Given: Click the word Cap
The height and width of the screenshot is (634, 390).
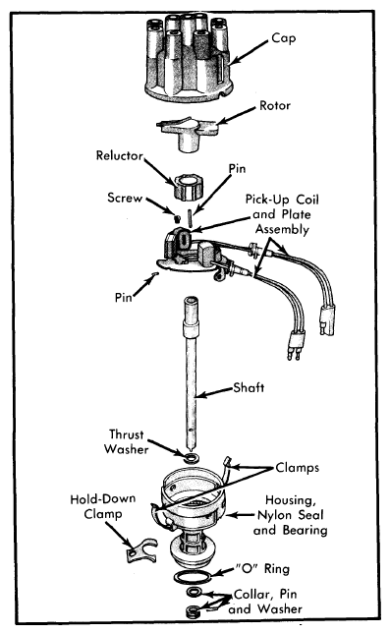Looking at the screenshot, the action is [283, 38].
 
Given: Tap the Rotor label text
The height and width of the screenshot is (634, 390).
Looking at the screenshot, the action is [275, 105].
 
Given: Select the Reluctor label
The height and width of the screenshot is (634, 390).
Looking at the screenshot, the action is [120, 155].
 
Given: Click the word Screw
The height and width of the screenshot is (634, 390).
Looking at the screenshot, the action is [125, 198].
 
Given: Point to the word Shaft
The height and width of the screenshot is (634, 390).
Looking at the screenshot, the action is [249, 387].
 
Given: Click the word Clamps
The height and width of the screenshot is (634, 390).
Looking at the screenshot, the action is [297, 468].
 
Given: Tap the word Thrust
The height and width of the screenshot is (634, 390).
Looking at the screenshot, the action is [126, 434].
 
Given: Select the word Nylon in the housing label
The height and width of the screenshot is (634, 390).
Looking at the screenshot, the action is [274, 515].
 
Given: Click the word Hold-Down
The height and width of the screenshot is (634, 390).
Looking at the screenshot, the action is [102, 499].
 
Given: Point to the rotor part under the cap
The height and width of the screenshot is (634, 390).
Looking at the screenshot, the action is [188, 133].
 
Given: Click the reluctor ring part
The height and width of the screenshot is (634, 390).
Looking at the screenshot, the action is [189, 188].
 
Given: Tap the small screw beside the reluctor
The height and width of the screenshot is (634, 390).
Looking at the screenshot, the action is [176, 219].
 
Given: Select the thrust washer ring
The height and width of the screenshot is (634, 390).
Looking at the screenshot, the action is [191, 458].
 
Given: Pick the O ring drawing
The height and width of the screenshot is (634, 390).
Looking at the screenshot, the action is [193, 577].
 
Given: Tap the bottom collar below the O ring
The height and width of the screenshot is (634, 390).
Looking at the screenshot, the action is [191, 610].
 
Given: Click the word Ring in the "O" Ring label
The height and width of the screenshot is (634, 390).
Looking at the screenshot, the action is [277, 569].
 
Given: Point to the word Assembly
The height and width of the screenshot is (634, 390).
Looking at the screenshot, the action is [282, 230].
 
